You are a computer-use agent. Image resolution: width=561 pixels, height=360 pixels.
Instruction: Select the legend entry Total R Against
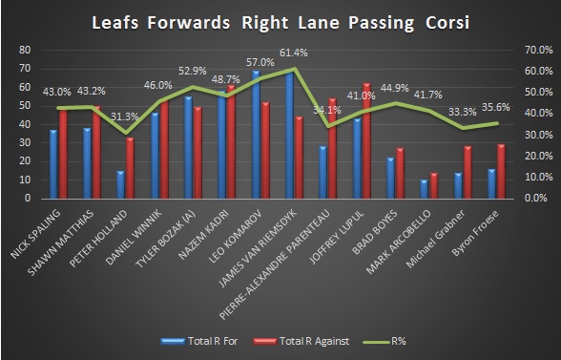300,338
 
